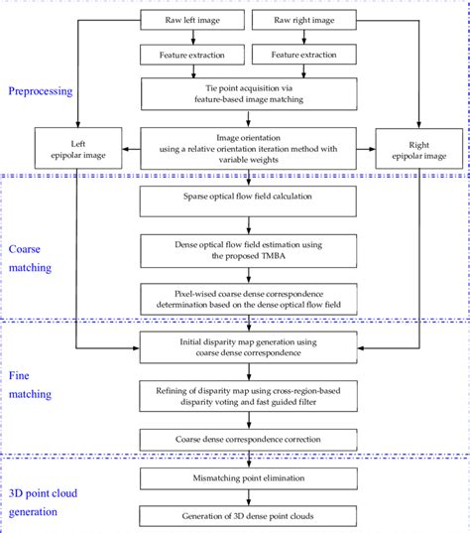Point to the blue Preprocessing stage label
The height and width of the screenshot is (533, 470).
click(x=40, y=91)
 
